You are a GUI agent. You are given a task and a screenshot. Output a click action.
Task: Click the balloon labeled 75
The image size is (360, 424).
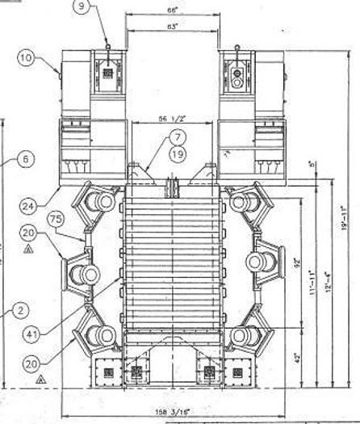pos(55,220)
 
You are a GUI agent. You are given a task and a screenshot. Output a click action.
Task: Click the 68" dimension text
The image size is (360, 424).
pos(172,10)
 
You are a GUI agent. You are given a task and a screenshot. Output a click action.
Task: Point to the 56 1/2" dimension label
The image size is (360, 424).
pos(172,118)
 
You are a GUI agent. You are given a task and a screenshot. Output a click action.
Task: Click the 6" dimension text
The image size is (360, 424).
pos(312,170)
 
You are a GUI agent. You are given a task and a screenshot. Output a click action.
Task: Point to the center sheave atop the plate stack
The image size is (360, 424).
pos(171,187)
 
